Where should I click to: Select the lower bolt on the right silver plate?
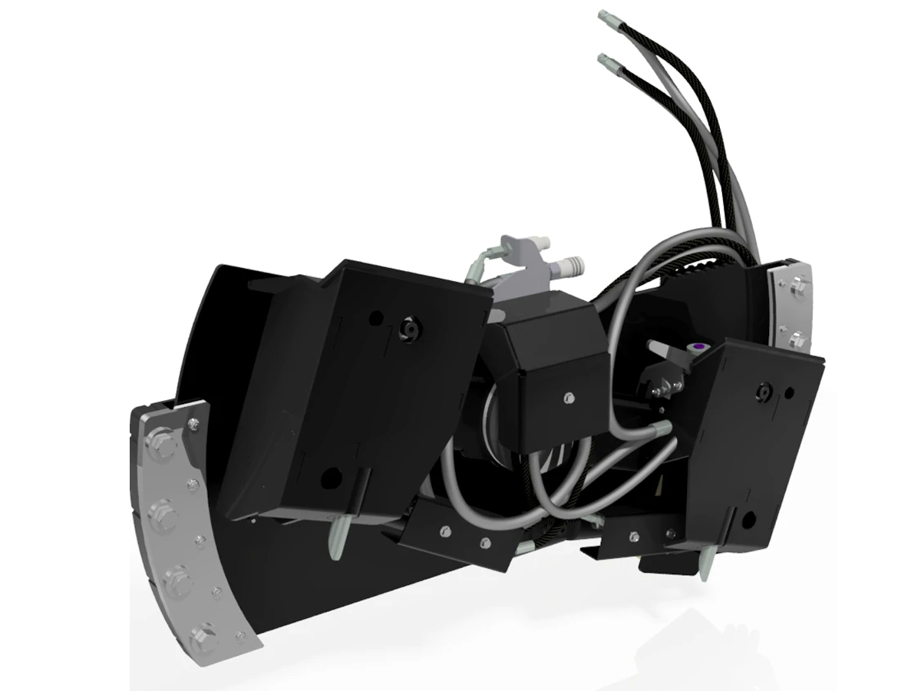click(x=796, y=336)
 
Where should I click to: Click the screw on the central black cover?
click(x=569, y=397)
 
